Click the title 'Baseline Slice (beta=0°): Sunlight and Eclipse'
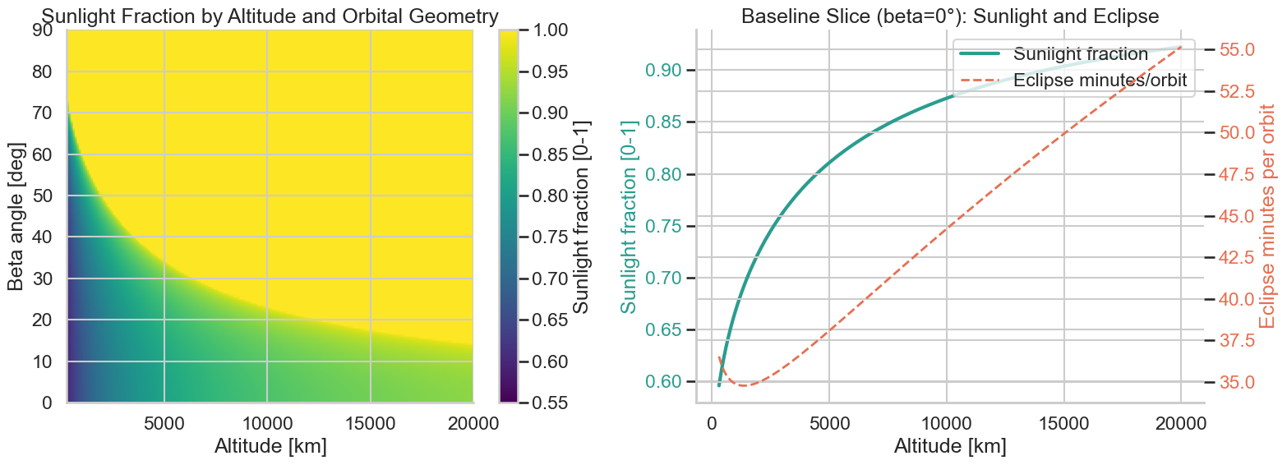(949, 16)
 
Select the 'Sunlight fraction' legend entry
(1080, 54)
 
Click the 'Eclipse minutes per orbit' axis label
(1267, 216)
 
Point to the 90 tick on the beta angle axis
(41, 30)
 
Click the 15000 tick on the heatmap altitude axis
(371, 424)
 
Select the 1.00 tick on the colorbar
(564, 30)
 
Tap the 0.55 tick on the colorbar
(564, 403)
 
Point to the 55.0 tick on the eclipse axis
(1236, 49)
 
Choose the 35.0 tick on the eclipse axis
(1236, 382)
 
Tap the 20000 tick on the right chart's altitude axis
(1180, 424)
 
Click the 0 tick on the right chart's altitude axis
(711, 424)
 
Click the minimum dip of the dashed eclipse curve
(745, 385)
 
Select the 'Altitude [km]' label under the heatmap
(270, 447)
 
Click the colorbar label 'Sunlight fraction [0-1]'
(581, 216)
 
